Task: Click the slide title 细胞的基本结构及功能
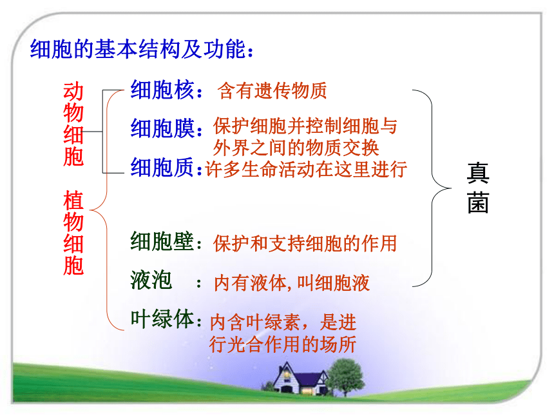138,49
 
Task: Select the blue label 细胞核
162,90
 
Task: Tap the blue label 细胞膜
162,128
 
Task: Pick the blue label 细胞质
162,167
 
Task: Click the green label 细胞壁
162,241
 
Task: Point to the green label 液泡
151,280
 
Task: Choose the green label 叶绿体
162,319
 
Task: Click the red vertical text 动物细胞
73,124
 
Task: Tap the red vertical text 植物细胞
73,233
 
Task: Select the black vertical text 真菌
478,188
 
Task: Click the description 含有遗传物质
272,90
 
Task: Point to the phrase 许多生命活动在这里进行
306,169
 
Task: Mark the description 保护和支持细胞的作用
305,243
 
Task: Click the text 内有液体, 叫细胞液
292,283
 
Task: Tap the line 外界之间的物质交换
296,148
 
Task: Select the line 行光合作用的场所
283,344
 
